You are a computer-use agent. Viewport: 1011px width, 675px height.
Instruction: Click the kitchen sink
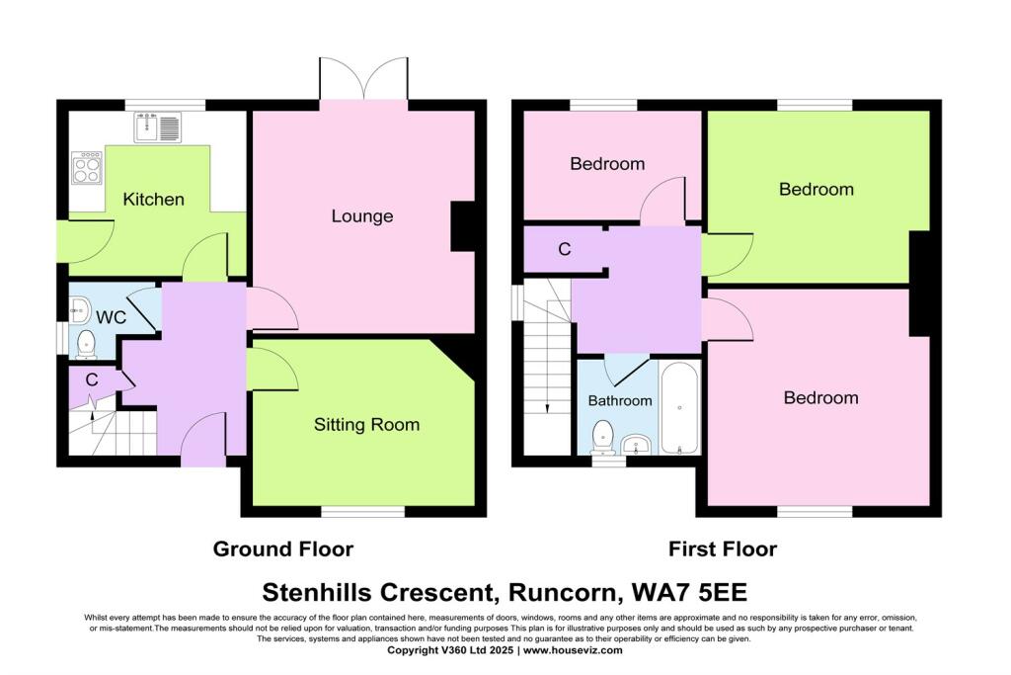[158, 127]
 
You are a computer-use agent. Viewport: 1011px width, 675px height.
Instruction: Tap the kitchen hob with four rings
[87, 169]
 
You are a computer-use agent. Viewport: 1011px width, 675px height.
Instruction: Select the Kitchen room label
[153, 200]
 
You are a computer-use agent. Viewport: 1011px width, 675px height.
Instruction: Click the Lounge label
[361, 216]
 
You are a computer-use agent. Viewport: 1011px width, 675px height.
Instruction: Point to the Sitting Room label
[366, 425]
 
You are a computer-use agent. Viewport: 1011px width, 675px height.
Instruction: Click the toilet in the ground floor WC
[85, 343]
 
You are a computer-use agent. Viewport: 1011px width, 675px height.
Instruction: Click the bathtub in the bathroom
[679, 407]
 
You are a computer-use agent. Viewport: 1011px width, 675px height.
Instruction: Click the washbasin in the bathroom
[640, 445]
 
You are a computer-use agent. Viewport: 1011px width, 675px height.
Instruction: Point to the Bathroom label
[620, 400]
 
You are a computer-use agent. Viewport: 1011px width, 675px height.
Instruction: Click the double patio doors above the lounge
[363, 79]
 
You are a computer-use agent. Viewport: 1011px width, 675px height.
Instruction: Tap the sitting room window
[363, 511]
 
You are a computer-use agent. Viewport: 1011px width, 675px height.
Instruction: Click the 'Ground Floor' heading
[283, 548]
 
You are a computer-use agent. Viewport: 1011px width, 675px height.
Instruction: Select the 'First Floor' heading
[722, 548]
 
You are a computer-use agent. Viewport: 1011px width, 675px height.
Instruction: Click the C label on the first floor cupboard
[564, 250]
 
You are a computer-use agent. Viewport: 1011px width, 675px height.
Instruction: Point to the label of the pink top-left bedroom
[607, 164]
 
